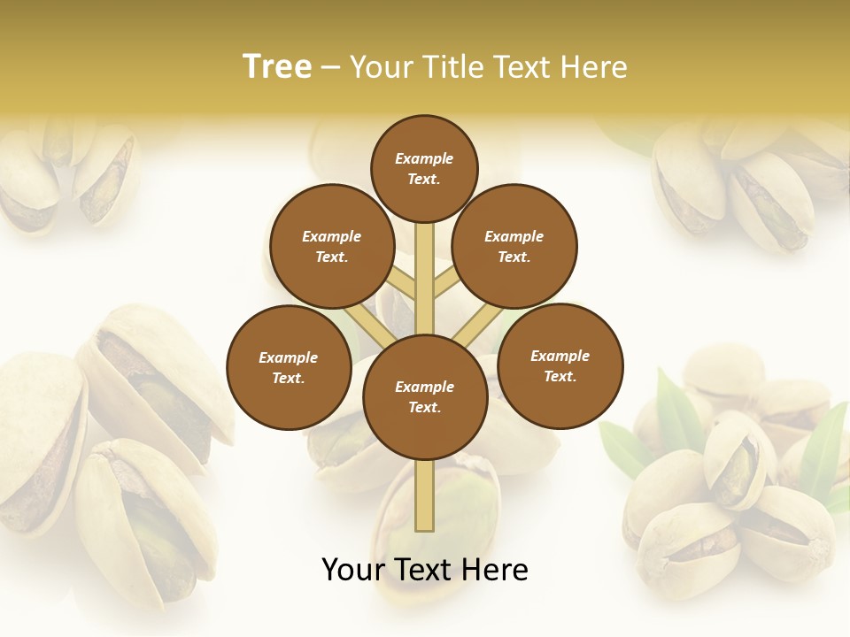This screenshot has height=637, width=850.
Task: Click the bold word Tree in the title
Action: (276, 66)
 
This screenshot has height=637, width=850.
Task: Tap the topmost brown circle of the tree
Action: (424, 168)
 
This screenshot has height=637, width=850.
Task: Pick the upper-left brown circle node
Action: (332, 247)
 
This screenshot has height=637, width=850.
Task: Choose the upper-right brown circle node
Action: (514, 247)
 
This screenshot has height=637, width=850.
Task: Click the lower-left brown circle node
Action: (289, 368)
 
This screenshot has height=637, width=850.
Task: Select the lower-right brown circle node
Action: (560, 366)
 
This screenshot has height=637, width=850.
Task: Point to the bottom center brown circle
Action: (425, 397)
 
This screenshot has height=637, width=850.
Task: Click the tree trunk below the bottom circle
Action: (425, 495)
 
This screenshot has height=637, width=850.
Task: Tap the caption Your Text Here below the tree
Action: (425, 569)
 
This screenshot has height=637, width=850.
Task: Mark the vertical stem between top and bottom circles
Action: (425, 279)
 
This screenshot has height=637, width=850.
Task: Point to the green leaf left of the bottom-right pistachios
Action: (624, 447)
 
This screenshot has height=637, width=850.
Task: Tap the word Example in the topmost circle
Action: (424, 158)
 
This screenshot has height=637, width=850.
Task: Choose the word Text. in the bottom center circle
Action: (424, 407)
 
